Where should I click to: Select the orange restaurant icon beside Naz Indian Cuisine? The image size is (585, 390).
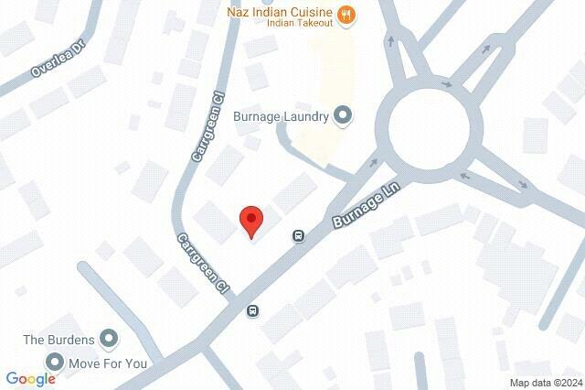tap(346, 14)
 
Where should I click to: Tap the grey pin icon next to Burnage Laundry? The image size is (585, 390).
tap(344, 115)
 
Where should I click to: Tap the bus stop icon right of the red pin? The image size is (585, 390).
tap(299, 235)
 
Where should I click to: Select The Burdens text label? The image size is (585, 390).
tap(58, 340)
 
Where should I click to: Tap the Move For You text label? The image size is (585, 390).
tap(109, 363)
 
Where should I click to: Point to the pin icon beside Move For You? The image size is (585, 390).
tap(54, 363)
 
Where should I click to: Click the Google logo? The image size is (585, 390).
tap(30, 379)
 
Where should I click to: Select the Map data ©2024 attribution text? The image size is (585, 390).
tap(545, 383)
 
